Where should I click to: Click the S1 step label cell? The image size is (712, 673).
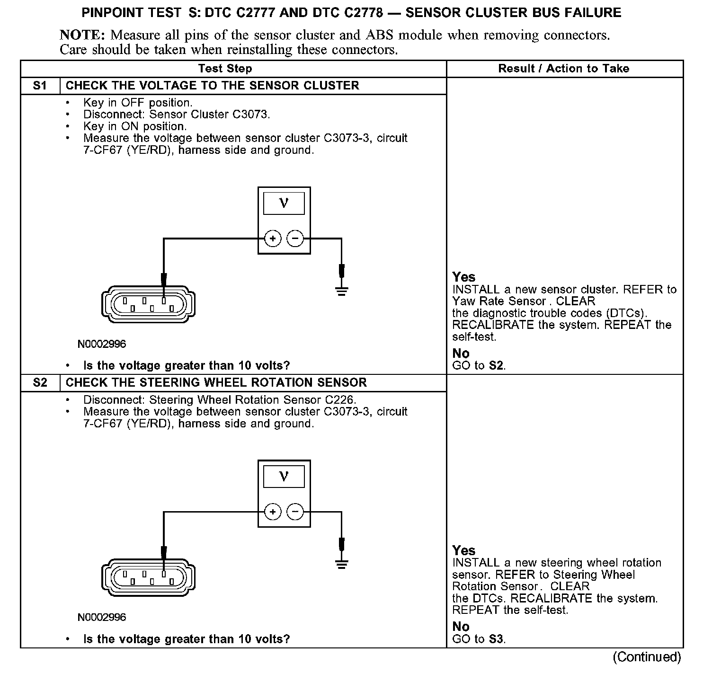(x=40, y=86)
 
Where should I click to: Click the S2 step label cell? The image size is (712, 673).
(x=40, y=383)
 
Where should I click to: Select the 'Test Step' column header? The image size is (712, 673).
(x=225, y=69)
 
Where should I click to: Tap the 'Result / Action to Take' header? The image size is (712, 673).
(x=563, y=69)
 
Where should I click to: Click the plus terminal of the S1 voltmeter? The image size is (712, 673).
(x=273, y=239)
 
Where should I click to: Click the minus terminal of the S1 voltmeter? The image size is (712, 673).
(x=295, y=239)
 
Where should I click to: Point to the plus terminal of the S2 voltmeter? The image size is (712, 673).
(x=273, y=512)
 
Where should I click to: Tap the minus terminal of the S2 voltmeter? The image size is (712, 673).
(x=295, y=512)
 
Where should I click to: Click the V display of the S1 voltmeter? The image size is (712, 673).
(x=284, y=204)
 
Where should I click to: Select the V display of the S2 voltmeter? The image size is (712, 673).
(x=284, y=477)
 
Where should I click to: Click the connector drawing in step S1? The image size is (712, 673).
(x=149, y=304)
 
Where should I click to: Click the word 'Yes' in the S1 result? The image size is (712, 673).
(x=463, y=277)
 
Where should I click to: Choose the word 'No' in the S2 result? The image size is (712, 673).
(x=461, y=627)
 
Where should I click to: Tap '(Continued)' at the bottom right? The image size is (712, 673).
(x=647, y=657)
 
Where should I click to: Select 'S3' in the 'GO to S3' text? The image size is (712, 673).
(x=496, y=639)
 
